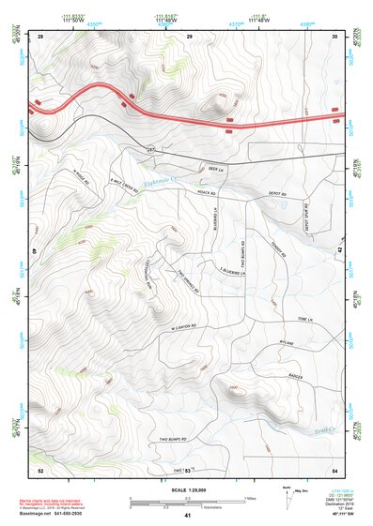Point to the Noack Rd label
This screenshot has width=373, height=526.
222,188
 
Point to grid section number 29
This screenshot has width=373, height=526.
190,36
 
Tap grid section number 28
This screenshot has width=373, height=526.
40,36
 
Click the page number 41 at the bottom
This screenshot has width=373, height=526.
188,515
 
